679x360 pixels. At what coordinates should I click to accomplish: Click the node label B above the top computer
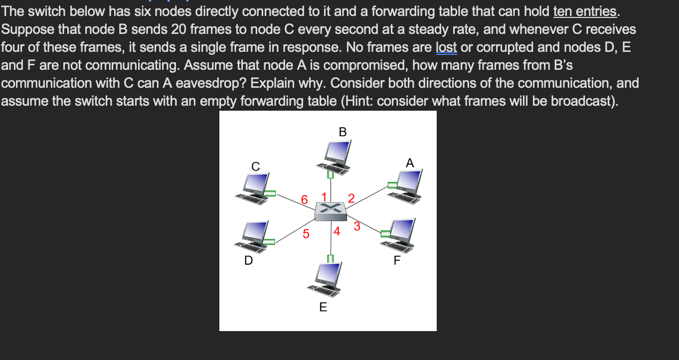click(x=342, y=132)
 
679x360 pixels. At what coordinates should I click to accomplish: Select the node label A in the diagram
click(x=410, y=163)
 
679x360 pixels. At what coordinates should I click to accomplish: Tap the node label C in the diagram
click(x=255, y=167)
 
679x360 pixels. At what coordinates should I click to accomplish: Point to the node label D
click(x=248, y=260)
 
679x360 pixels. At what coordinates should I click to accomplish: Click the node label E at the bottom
click(x=323, y=307)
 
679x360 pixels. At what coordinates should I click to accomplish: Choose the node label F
click(x=397, y=260)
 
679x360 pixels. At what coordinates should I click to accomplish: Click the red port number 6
click(x=305, y=200)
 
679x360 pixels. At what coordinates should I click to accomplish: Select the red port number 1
click(x=324, y=196)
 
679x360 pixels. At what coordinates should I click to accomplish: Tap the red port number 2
click(x=351, y=198)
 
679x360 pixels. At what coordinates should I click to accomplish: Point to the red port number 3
click(x=357, y=226)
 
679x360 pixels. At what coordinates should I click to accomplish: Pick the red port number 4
click(x=337, y=231)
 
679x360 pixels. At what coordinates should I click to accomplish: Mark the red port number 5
click(x=306, y=233)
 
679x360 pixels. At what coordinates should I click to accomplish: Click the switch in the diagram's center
click(x=330, y=211)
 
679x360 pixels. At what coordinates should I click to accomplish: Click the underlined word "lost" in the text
click(x=447, y=47)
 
